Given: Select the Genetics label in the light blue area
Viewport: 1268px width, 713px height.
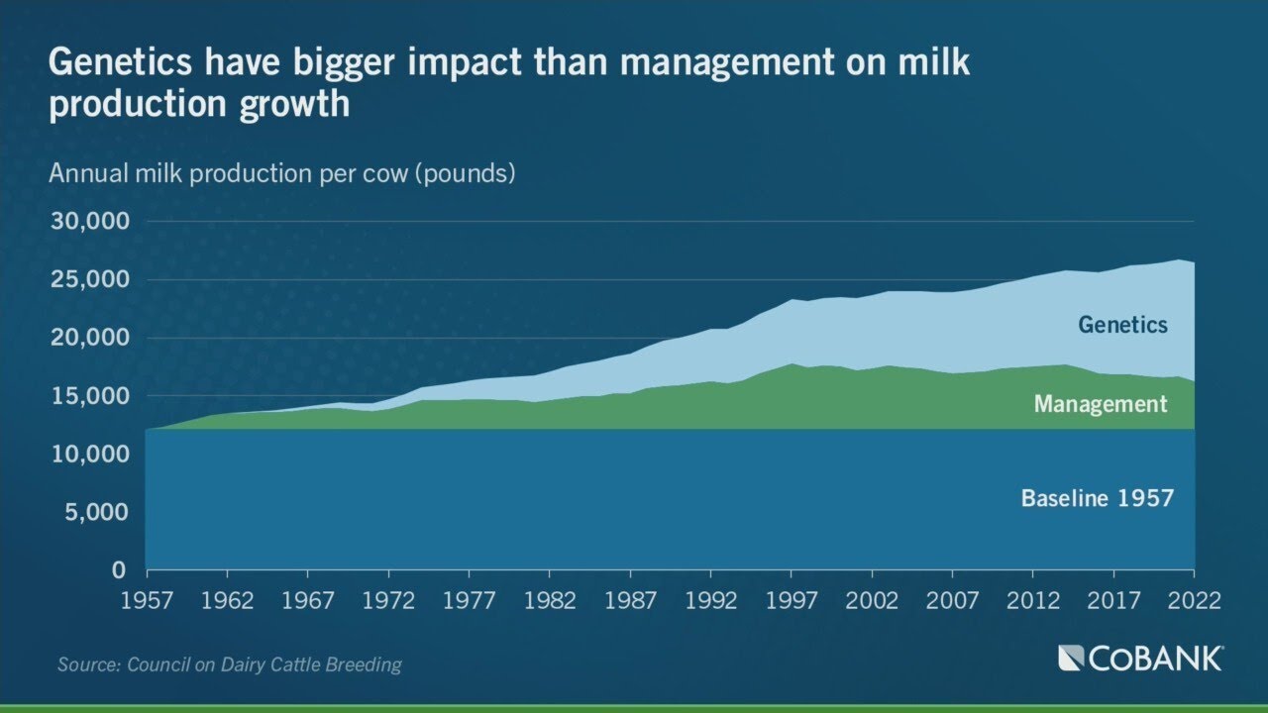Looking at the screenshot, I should coord(1123,325).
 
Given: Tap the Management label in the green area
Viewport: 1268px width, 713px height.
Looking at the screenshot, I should coord(1101,404).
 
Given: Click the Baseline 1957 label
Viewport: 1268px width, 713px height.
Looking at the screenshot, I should coord(1097,498).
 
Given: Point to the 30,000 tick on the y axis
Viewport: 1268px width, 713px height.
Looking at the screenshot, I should coord(89,222).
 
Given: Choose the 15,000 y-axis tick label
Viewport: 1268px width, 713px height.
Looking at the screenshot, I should coord(89,396).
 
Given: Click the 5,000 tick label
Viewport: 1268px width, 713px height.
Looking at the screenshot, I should coord(96,513).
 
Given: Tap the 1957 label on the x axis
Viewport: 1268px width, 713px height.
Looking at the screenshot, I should coord(147,600).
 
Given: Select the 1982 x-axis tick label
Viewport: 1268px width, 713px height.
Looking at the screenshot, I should coord(550,600).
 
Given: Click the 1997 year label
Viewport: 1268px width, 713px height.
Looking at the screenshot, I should coord(791,600).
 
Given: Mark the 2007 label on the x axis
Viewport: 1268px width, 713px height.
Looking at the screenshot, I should coord(952,600).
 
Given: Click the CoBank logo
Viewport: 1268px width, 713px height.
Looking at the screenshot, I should coord(1140,659).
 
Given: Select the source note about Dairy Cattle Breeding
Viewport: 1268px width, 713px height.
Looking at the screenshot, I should coord(230,664).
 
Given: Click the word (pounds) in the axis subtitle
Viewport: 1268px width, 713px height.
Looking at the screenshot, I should coord(464,174).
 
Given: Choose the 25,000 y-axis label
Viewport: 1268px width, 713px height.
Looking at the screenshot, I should coord(89,280).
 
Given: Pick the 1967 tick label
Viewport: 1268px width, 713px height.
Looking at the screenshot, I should coord(308,600).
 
